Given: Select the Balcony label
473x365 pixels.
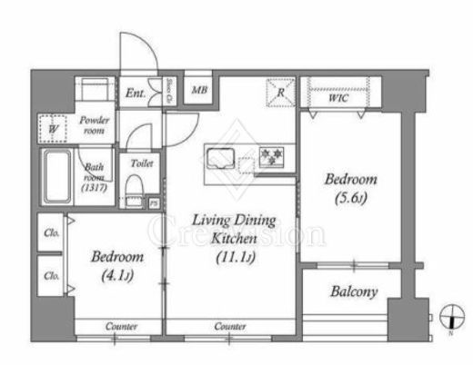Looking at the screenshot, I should (x=355, y=292).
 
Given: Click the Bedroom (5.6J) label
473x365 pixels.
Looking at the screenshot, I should (x=350, y=187).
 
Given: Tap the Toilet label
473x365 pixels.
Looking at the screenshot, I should (x=141, y=163).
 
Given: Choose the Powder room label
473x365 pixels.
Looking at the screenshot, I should (x=93, y=125).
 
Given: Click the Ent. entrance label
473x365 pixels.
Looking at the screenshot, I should (x=136, y=92).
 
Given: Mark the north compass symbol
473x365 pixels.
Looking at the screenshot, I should (x=448, y=319).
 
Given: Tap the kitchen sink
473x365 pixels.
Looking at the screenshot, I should (x=221, y=159).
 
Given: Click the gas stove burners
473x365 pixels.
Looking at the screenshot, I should (x=271, y=158).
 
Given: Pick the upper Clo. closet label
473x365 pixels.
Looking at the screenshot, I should (x=52, y=234).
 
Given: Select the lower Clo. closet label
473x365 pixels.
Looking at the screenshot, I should (x=52, y=274).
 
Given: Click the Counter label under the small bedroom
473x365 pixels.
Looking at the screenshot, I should (x=120, y=326).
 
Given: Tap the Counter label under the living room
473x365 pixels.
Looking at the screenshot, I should (x=230, y=326).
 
